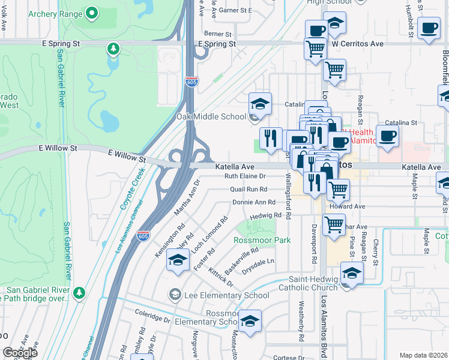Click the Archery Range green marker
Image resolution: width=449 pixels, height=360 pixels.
pos(92,12)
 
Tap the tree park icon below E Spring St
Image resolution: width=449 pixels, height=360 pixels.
pos(112,48)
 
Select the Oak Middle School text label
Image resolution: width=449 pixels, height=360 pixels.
pos(211,116)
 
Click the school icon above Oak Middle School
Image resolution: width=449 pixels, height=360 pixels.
pos(260,103)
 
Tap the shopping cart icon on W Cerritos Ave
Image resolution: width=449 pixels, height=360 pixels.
pos(315,48)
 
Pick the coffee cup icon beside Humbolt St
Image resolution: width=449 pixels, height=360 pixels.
pos(429,28)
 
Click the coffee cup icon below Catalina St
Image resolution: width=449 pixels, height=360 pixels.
pos(387,134)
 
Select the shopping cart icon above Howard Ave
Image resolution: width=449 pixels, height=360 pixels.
pos(339,189)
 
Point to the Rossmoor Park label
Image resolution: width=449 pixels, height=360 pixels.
pos(262,240)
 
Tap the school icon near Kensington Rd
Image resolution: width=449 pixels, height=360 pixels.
pos(178,260)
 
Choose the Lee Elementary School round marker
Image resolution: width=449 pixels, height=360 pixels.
pos(175,294)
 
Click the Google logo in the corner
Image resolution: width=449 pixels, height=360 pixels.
pos(20,353)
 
